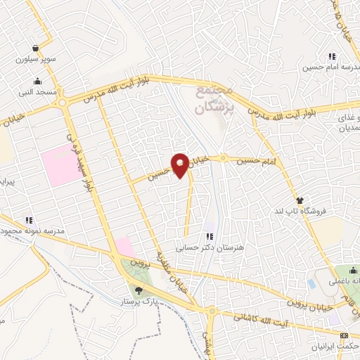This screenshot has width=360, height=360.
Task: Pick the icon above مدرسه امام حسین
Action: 331,57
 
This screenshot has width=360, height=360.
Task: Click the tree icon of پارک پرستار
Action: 138,289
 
